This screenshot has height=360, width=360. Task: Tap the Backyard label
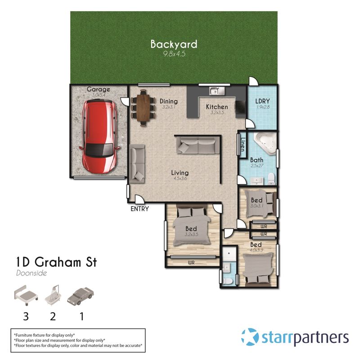(x=174, y=44)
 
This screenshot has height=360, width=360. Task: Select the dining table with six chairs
(x=144, y=108)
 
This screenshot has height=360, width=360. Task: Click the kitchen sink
(x=217, y=91)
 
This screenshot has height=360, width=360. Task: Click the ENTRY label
(x=139, y=209)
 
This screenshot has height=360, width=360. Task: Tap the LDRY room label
(x=262, y=101)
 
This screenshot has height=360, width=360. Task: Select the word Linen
(x=243, y=144)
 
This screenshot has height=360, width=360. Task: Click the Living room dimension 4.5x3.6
(x=180, y=178)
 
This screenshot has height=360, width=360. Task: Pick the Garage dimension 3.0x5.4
(x=99, y=95)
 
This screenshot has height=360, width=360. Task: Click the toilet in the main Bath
(x=271, y=179)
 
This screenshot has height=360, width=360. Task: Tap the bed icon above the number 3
(x=26, y=295)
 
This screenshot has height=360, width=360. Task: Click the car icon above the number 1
(x=81, y=296)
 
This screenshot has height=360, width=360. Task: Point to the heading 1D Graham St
(x=57, y=262)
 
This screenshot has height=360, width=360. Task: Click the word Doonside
(x=31, y=273)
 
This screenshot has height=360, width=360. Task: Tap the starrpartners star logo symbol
(x=250, y=337)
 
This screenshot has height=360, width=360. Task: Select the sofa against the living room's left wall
(x=137, y=164)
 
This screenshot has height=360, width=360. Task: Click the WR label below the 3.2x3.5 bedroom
(x=191, y=262)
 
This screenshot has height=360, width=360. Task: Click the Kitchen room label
(x=217, y=107)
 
